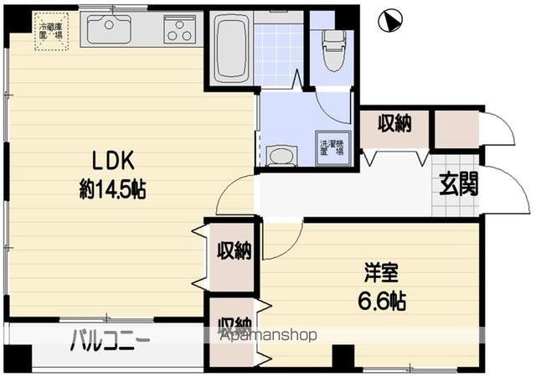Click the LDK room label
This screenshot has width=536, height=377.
[x=108, y=160]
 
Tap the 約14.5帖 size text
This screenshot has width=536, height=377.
[x=113, y=189]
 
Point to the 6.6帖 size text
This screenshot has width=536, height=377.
[x=384, y=300]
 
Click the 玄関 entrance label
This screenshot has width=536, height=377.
[x=459, y=183]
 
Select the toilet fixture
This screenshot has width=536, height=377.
[x=332, y=49]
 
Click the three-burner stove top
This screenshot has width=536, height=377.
[x=179, y=31]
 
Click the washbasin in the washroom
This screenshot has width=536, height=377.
[x=281, y=156]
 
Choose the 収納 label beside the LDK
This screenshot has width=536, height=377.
[x=234, y=250]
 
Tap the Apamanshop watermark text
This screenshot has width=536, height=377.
[x=269, y=335]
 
